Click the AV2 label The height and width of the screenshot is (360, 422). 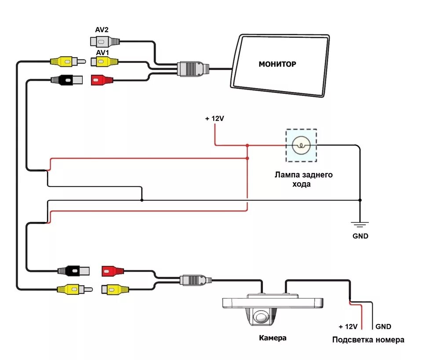(x=102, y=29)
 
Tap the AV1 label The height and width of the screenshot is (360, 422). (x=102, y=52)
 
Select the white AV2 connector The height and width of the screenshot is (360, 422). (x=105, y=42)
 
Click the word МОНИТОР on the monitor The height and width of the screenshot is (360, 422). (x=277, y=64)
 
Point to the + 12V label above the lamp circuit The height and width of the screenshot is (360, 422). (x=215, y=118)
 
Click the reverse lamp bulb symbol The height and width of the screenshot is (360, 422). (x=301, y=146)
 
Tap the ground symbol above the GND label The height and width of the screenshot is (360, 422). (x=360, y=224)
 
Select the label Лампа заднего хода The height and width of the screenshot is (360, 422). (x=303, y=180)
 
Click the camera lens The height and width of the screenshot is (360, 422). (x=261, y=316)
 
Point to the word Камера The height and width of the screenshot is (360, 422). (x=273, y=338)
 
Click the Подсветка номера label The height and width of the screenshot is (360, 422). (x=368, y=340)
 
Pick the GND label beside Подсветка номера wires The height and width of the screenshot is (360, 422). (x=383, y=327)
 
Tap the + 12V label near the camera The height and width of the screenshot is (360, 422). (x=348, y=327)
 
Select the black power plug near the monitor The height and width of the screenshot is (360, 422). (x=67, y=80)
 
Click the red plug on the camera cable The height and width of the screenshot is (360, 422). (x=113, y=271)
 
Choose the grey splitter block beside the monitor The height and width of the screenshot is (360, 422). (x=193, y=69)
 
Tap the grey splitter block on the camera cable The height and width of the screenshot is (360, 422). (x=196, y=280)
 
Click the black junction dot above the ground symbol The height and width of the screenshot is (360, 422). (x=360, y=200)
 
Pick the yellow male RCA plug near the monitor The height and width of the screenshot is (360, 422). (x=68, y=62)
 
